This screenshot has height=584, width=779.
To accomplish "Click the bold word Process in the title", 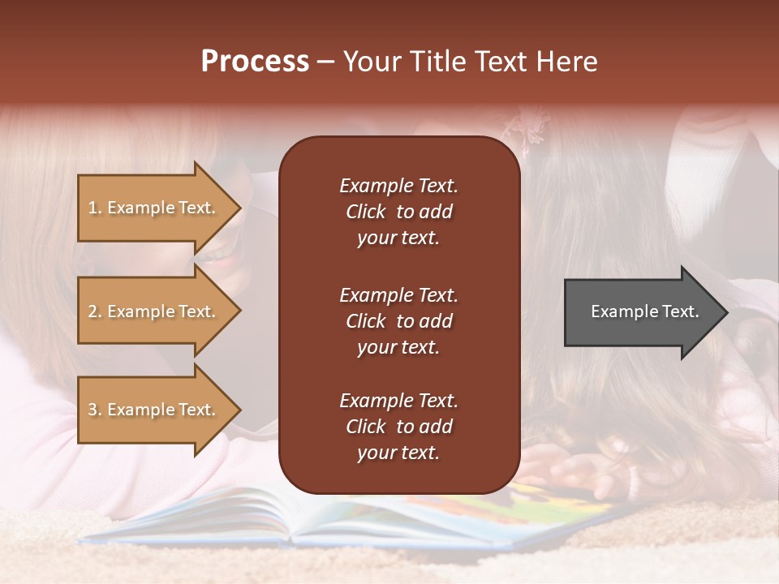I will coord(255,62).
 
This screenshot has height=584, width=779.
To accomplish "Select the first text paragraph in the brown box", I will coord(398,212).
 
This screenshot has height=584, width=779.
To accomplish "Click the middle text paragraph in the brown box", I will coord(398,321).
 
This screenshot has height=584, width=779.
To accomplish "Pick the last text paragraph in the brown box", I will coord(398,427).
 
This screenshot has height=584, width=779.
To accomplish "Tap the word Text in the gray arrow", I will coord(681,311).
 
